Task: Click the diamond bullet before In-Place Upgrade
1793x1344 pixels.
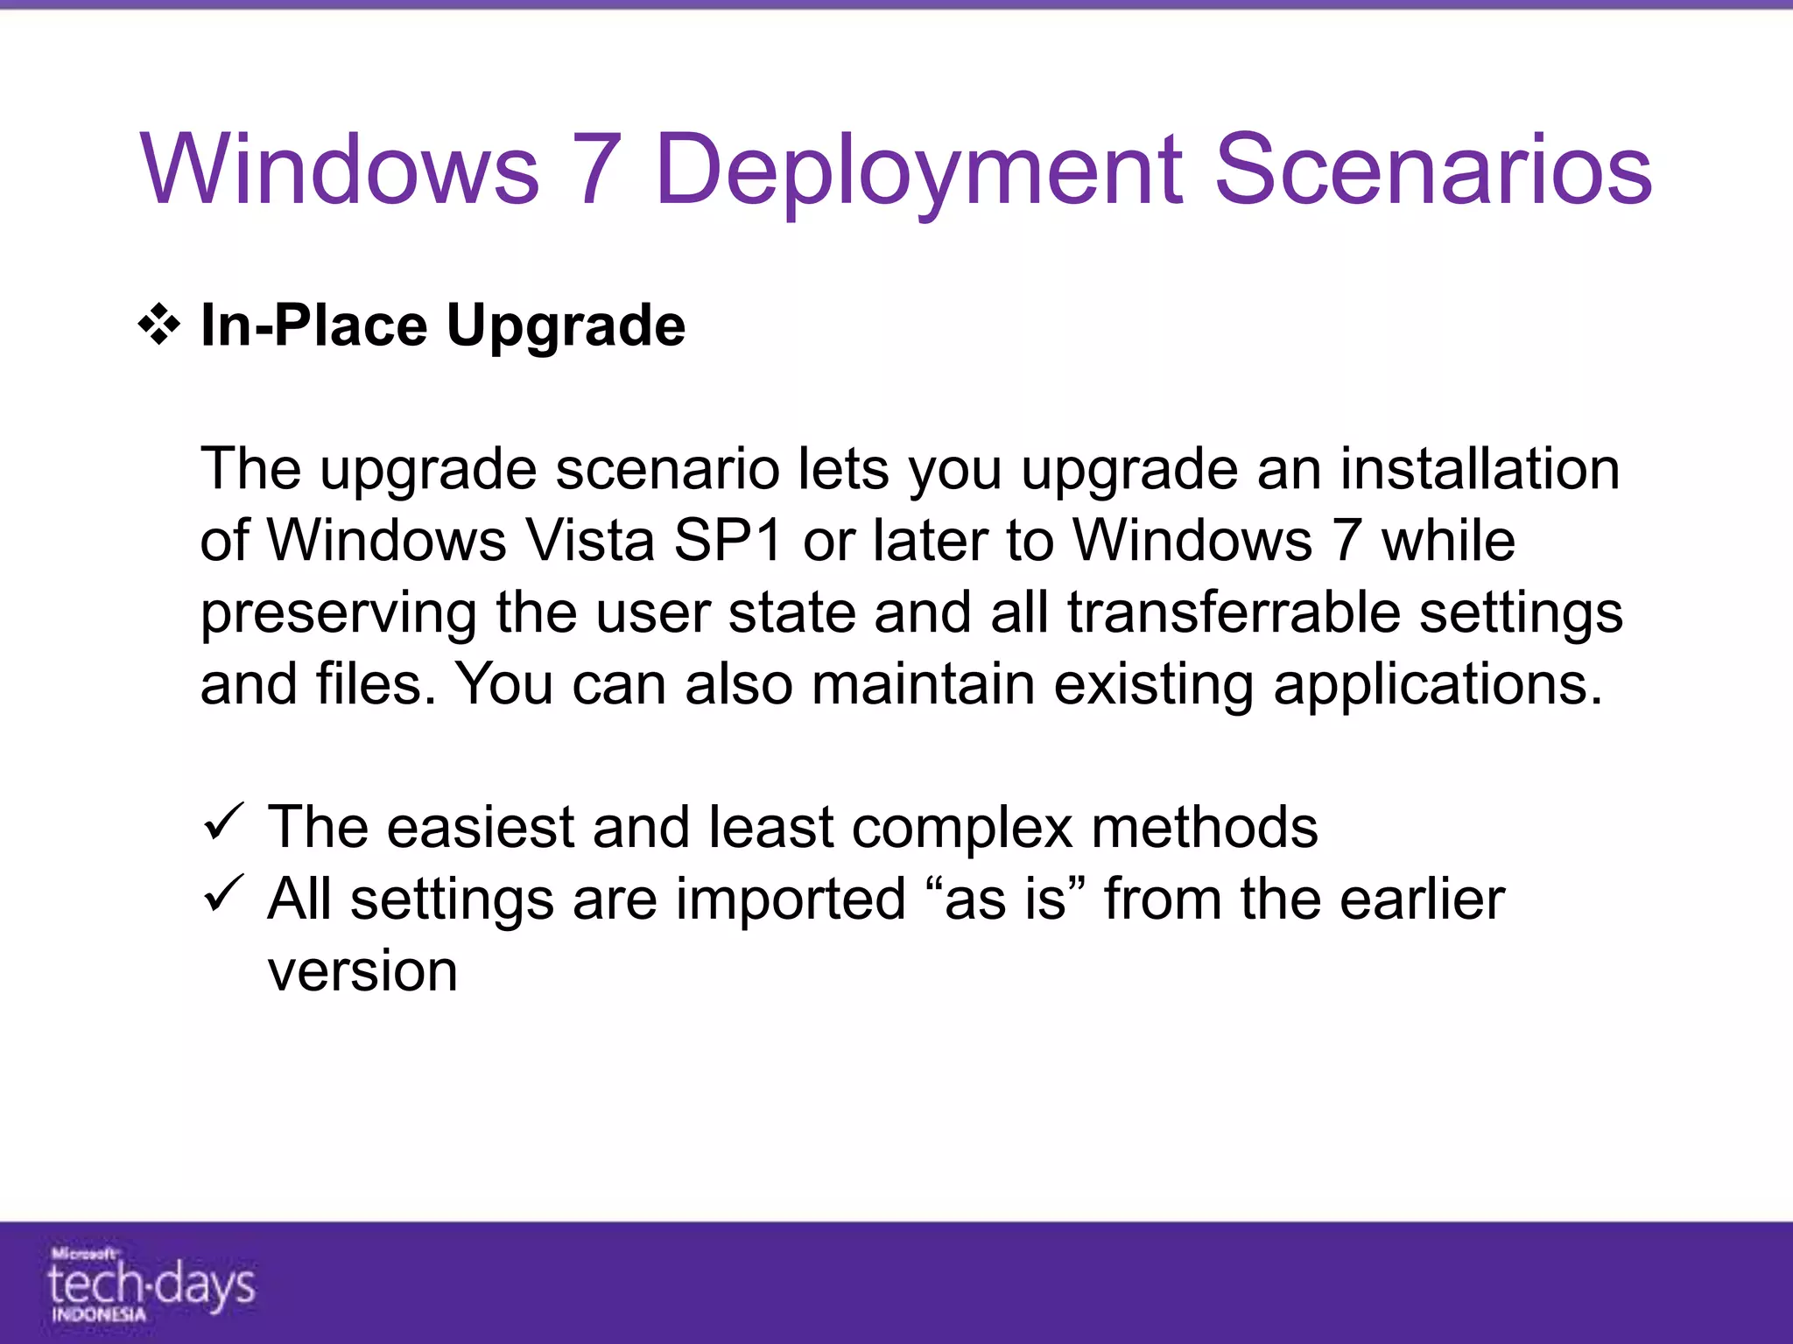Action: pyautogui.click(x=159, y=325)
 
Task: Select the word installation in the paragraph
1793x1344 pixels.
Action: pyautogui.click(x=1480, y=469)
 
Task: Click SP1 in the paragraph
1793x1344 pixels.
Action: pyautogui.click(x=728, y=540)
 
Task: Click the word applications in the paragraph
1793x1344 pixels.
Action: pyautogui.click(x=1438, y=684)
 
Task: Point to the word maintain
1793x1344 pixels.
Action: pyautogui.click(x=923, y=683)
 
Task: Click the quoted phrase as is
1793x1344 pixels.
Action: pyautogui.click(x=1005, y=899)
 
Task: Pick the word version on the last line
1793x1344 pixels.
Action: pyautogui.click(x=362, y=971)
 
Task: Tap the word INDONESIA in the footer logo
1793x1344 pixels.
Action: pyautogui.click(x=98, y=1315)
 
